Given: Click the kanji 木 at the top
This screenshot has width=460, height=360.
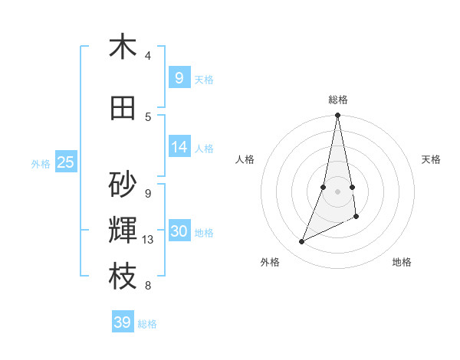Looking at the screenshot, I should [x=122, y=47].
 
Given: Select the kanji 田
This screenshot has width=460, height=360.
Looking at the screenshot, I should [x=123, y=108].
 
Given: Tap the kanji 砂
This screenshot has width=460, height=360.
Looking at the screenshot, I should [x=123, y=185].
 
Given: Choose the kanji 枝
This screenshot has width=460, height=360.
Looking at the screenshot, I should [x=123, y=277].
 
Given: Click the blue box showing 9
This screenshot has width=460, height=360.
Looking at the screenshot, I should [x=179, y=77].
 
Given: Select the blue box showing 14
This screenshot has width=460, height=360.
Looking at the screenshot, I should [x=179, y=147].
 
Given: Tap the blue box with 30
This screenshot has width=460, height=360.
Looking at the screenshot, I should [x=179, y=231].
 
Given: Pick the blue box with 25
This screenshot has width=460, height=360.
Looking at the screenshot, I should [x=65, y=162].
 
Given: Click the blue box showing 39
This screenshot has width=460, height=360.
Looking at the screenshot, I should [x=123, y=322].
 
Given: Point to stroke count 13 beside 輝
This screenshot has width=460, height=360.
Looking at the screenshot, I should [x=149, y=240].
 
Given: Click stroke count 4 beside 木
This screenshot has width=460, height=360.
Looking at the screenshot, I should [x=148, y=56].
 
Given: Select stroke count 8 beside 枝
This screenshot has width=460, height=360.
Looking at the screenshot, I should [x=148, y=286].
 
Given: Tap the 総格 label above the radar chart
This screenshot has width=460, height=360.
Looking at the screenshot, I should [x=338, y=100].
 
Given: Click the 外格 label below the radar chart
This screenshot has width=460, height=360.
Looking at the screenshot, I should [x=270, y=262].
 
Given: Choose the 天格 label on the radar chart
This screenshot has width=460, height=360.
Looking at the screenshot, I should [x=431, y=159].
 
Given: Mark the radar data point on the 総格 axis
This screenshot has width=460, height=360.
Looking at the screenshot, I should [x=338, y=116].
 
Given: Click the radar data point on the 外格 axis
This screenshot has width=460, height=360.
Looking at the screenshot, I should [x=302, y=242].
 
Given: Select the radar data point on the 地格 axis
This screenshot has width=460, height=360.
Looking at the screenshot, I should [x=356, y=217].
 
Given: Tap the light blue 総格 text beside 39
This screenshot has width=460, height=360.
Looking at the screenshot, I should [x=147, y=324].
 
